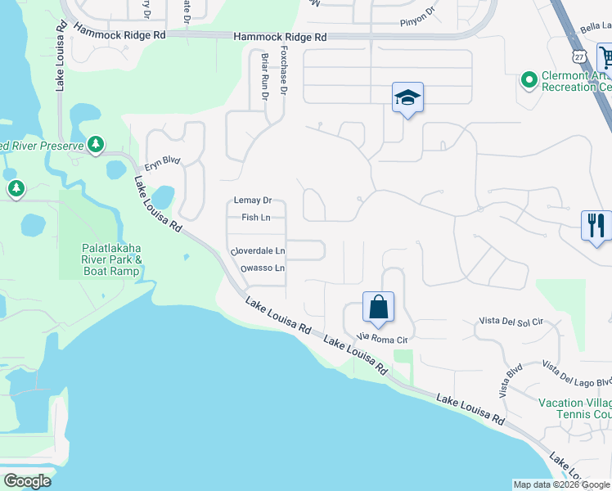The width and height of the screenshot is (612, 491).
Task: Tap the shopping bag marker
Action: tap(378, 309)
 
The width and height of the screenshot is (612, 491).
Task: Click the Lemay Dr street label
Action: tap(252, 200)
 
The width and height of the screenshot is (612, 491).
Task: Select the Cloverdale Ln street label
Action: tap(258, 250)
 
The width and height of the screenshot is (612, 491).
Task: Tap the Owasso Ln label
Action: tap(262, 268)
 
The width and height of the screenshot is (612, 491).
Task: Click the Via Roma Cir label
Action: tap(383, 336)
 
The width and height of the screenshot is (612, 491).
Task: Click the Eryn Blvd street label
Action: tap(161, 164)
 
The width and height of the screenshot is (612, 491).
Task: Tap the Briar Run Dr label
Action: tap(264, 78)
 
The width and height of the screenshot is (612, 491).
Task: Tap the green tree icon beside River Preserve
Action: tap(96, 145)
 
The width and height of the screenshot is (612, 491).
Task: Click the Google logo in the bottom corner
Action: tap(27, 481)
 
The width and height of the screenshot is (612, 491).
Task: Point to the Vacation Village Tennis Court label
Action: tap(574, 408)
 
